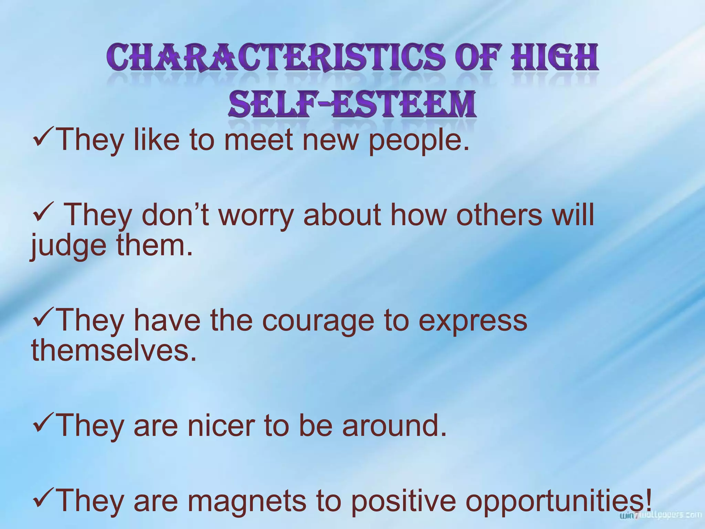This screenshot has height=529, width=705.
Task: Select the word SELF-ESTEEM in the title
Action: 352,102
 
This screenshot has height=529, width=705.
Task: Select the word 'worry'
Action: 256,215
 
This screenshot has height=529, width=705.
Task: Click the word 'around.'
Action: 394,426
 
